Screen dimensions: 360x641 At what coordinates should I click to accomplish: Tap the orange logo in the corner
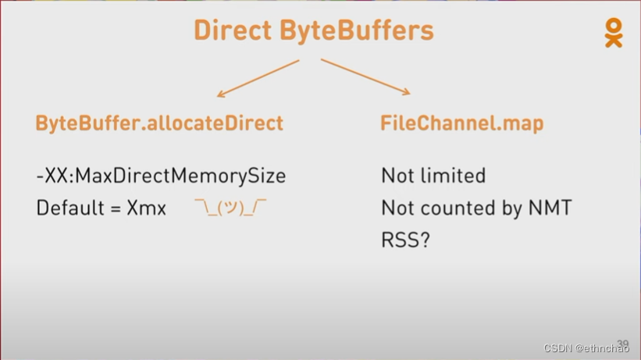tap(614, 32)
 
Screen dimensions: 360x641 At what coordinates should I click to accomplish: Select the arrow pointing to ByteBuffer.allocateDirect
tap(258, 78)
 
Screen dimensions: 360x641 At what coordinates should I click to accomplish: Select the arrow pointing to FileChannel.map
tap(365, 77)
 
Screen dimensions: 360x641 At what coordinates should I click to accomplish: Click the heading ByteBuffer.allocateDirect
tap(159, 123)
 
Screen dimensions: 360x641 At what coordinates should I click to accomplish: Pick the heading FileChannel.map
tap(462, 123)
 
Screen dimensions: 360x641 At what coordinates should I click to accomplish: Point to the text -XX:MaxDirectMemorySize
tap(161, 176)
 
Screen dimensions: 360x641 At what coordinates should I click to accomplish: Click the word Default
tap(67, 209)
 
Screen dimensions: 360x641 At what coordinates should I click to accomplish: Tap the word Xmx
tap(146, 209)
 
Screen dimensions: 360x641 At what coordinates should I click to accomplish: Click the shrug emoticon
tap(231, 209)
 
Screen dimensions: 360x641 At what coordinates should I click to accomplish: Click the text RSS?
tap(405, 241)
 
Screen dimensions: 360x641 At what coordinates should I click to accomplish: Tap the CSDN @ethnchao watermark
tap(586, 348)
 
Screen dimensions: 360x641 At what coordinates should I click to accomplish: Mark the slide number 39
tap(622, 343)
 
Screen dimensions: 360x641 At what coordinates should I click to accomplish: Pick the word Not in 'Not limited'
tap(397, 176)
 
